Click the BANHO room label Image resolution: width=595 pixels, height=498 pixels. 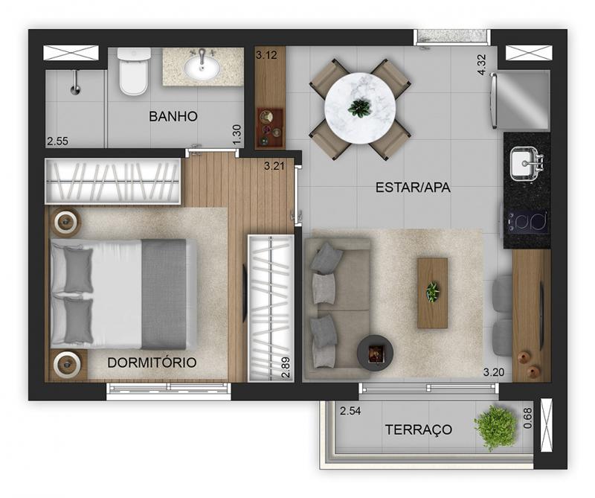click(x=173, y=116)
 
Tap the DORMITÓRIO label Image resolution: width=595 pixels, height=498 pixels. click(x=152, y=363)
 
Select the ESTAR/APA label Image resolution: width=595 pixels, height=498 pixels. click(x=413, y=188)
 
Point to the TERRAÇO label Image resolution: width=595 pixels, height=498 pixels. click(x=419, y=430)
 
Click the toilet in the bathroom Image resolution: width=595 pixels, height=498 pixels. click(x=133, y=71)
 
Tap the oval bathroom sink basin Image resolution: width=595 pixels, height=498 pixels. click(x=202, y=68)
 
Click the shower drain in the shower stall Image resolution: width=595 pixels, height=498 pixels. click(x=76, y=89)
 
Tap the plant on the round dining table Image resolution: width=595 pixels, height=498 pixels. click(x=359, y=107)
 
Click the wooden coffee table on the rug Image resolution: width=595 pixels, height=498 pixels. click(x=432, y=293)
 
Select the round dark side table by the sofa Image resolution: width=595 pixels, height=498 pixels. click(x=375, y=354)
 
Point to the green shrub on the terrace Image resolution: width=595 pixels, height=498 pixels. click(x=495, y=427)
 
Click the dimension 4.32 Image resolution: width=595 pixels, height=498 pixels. click(x=481, y=65)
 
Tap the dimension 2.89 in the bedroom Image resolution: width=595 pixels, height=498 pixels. click(x=286, y=367)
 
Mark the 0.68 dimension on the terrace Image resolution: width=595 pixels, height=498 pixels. click(x=527, y=418)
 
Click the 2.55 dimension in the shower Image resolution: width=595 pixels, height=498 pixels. click(x=58, y=141)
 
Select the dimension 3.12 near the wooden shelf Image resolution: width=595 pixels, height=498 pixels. click(x=266, y=55)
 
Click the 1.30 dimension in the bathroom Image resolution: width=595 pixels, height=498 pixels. click(x=237, y=135)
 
